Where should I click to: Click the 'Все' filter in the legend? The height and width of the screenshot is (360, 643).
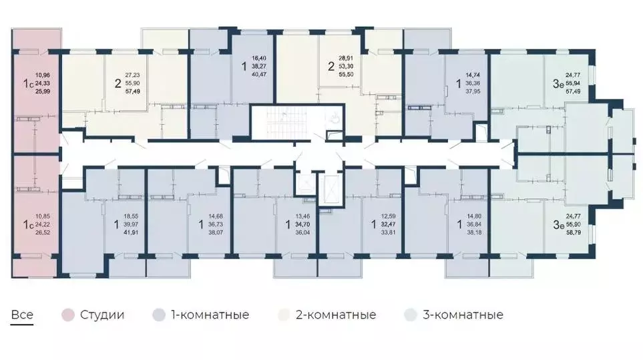21,315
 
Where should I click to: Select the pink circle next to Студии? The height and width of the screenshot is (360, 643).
67,315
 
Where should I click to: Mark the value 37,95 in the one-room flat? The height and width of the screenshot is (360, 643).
473,92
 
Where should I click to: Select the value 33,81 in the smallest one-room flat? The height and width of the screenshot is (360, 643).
389,233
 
